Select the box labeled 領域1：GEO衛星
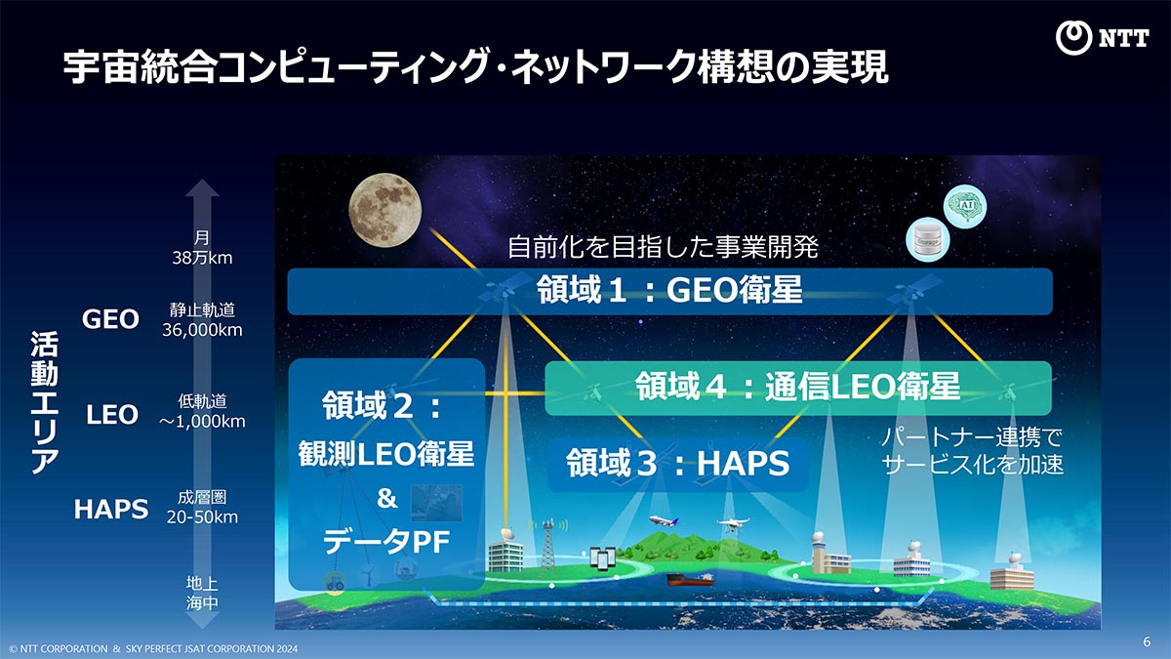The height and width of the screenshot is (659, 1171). click(x=669, y=290)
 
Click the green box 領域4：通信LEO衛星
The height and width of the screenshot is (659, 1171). click(x=797, y=388)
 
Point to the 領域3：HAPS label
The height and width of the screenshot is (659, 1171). click(x=677, y=464)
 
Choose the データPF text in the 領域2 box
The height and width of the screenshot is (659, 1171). click(x=386, y=543)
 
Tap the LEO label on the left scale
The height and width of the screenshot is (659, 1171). click(x=111, y=415)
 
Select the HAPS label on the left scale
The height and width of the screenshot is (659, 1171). click(x=111, y=509)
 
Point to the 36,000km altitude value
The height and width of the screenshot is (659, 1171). click(x=202, y=330)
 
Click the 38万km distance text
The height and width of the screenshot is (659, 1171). click(x=202, y=259)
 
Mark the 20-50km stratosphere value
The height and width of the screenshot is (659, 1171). click(x=202, y=517)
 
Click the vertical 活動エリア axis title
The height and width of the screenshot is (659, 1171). click(x=44, y=402)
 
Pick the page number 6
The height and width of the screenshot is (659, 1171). click(x=1147, y=641)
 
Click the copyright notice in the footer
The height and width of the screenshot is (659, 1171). click(x=153, y=648)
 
